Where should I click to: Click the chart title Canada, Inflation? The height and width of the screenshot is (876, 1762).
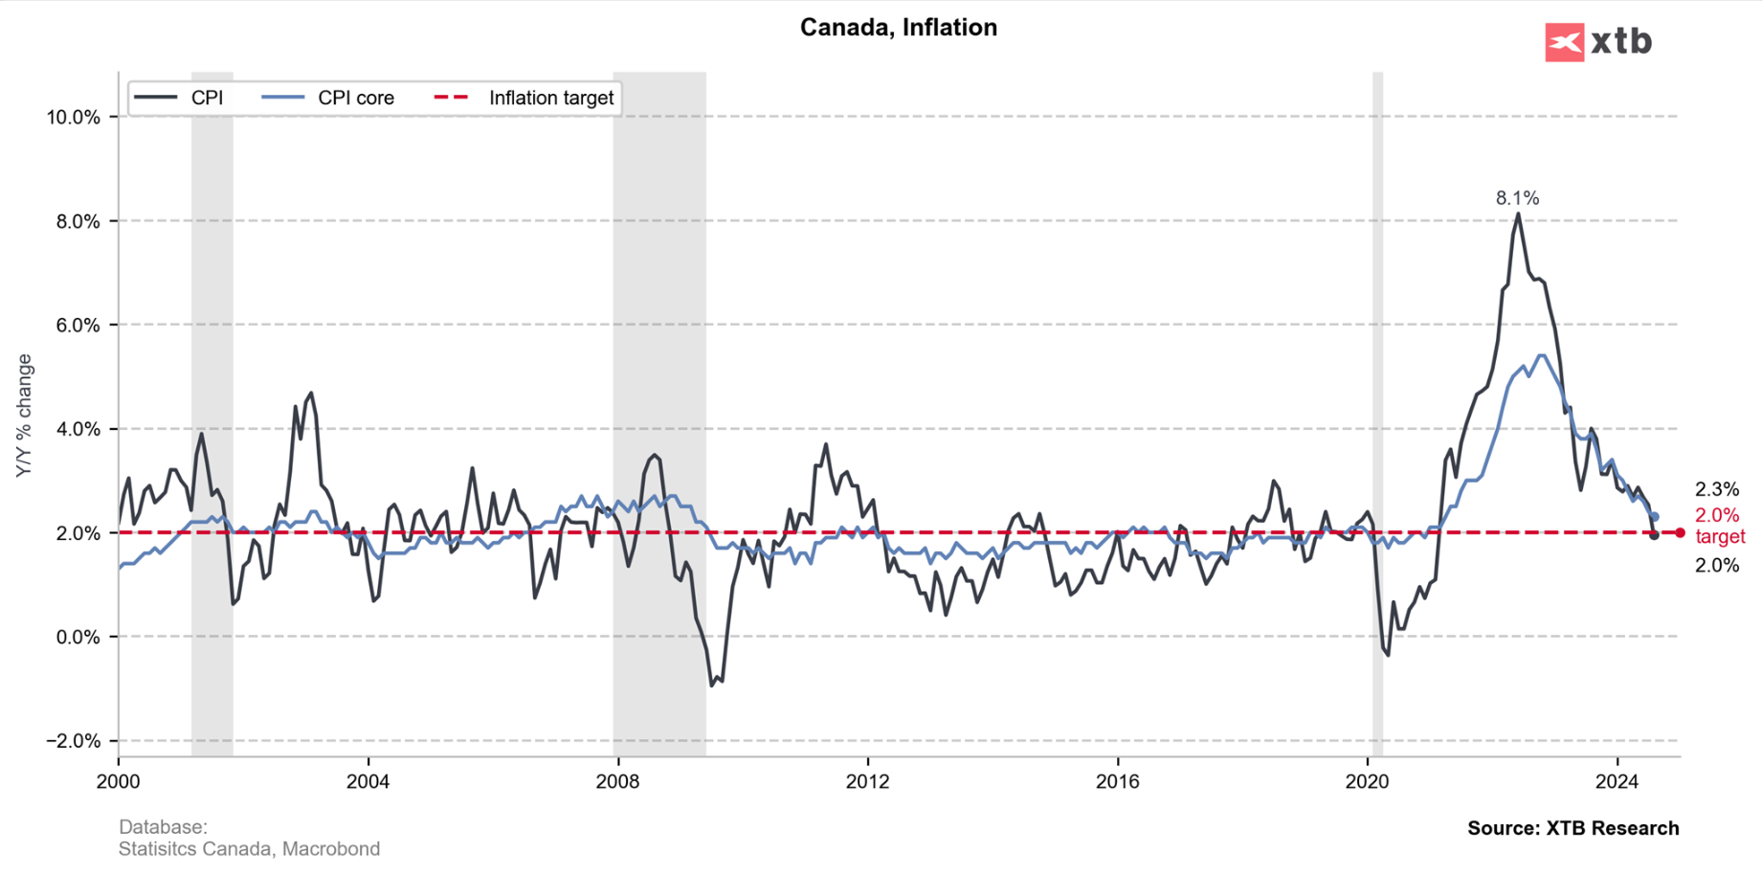898,28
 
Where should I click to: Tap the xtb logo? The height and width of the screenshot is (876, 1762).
1597,42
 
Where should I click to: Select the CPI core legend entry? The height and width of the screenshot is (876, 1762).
355,99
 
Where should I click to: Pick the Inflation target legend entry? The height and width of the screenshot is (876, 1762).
550,99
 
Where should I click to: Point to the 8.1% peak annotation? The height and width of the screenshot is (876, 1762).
1517,198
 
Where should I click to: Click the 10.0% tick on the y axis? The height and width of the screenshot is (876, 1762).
73,118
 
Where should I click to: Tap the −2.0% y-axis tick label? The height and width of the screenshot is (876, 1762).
73,741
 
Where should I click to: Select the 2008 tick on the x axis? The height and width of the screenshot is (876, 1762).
617,782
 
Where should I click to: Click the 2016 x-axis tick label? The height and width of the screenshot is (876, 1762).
1117,782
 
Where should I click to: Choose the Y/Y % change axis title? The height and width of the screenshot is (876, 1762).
25,416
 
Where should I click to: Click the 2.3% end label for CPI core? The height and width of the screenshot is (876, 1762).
1717,489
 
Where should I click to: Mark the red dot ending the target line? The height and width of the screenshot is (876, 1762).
1680,533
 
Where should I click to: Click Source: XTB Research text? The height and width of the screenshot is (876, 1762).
1572,828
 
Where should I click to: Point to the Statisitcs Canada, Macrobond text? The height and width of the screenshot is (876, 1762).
249,849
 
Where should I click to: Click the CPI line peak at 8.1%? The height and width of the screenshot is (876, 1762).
1518,214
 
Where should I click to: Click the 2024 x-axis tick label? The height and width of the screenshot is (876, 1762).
1617,782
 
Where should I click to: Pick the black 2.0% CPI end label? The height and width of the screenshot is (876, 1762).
1717,566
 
